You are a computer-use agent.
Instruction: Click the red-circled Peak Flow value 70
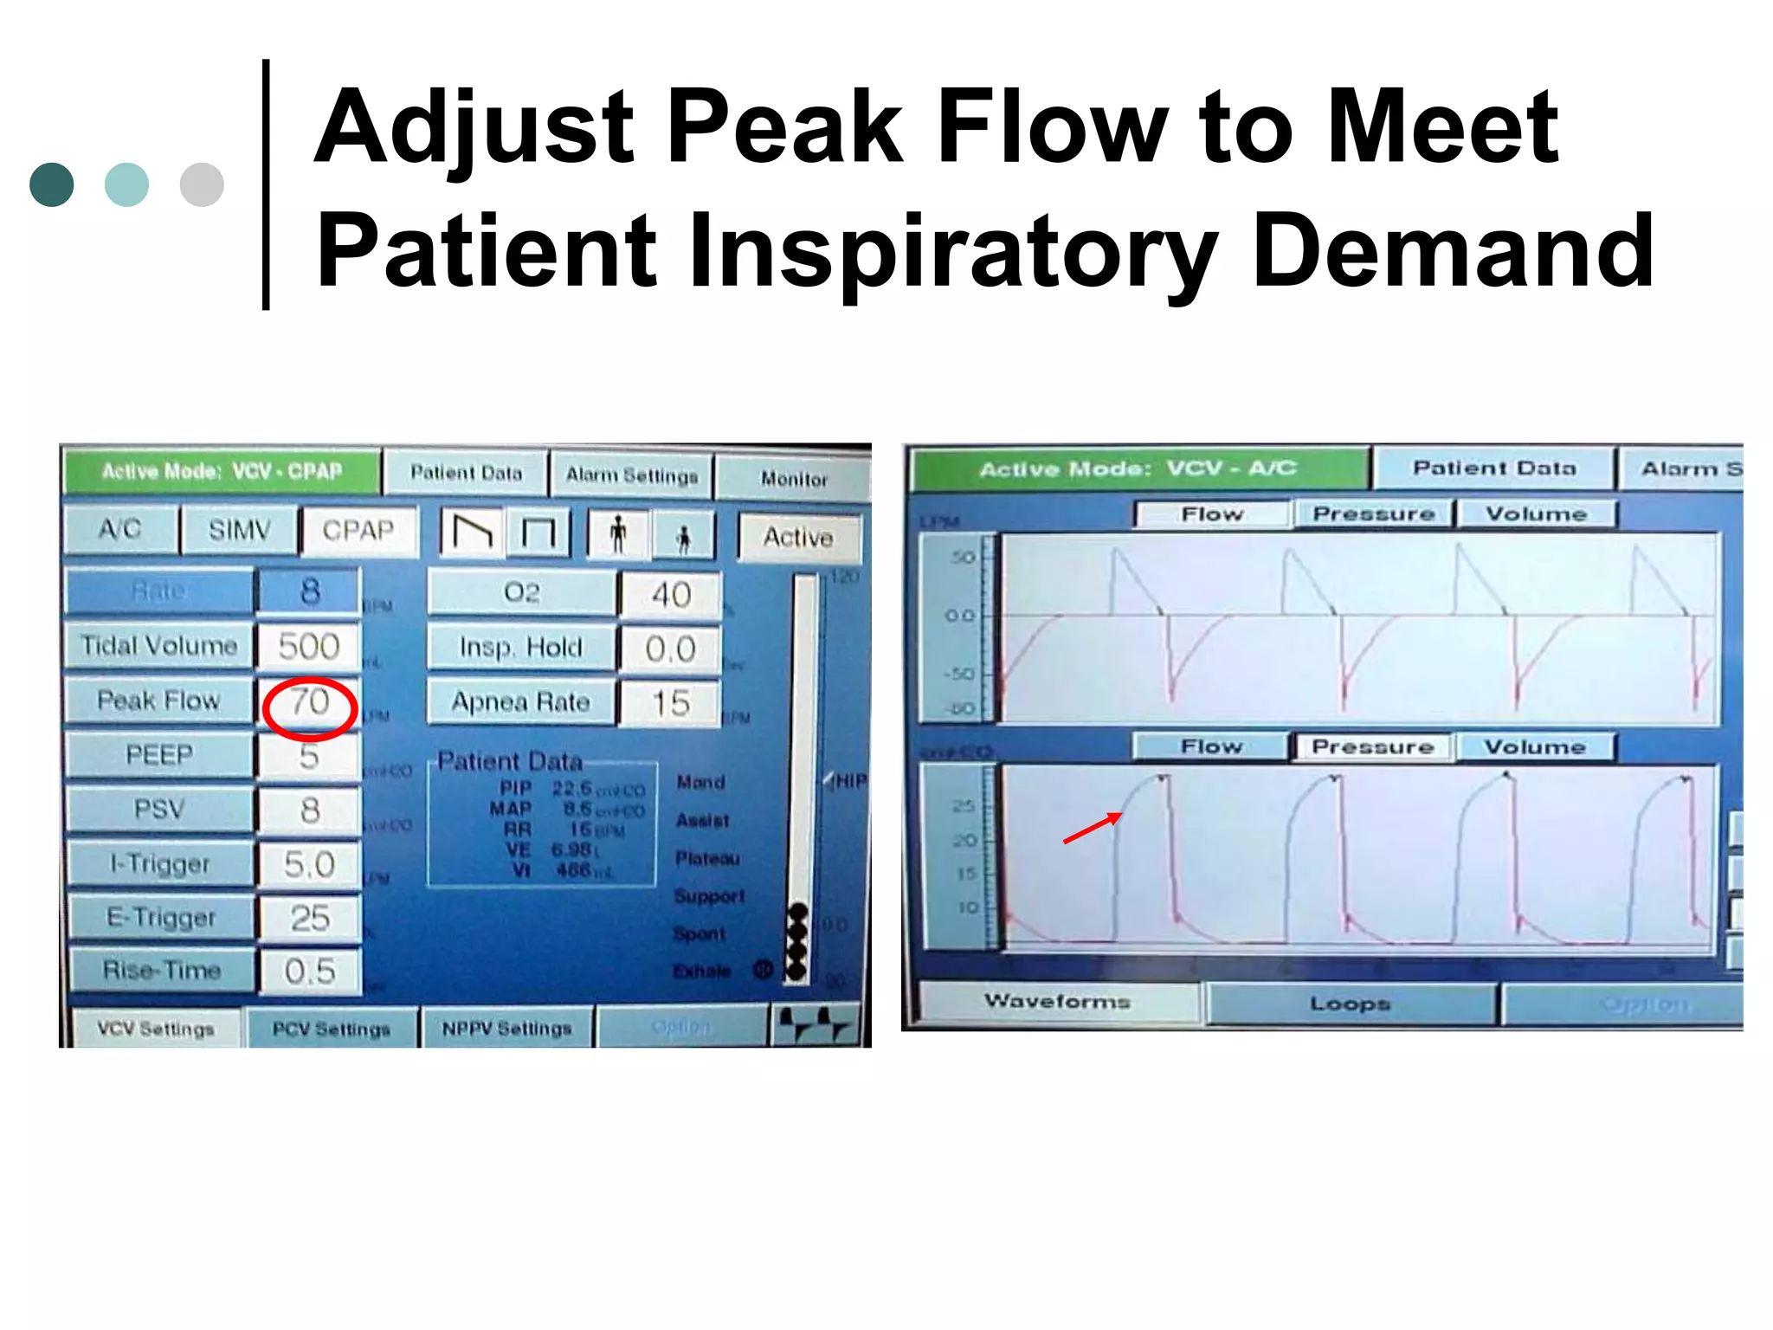309,703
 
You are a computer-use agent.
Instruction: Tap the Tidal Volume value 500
309,647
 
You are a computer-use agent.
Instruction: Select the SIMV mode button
240,530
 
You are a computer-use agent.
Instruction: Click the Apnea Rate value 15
671,703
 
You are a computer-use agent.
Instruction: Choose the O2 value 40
671,595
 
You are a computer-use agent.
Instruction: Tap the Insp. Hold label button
521,648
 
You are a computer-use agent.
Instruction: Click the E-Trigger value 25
309,919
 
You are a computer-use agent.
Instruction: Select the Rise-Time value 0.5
309,972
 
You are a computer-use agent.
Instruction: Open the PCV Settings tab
332,1029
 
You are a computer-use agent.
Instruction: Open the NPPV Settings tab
507,1029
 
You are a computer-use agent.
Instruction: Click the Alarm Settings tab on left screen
632,475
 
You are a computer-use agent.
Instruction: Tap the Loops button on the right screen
1350,1004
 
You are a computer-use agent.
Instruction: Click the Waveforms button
1057,1002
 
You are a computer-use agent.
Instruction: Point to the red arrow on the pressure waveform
1093,827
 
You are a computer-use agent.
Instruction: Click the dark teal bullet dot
52,184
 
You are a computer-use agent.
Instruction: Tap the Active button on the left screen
798,538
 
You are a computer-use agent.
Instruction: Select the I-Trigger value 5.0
309,865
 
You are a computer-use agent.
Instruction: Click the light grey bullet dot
202,184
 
